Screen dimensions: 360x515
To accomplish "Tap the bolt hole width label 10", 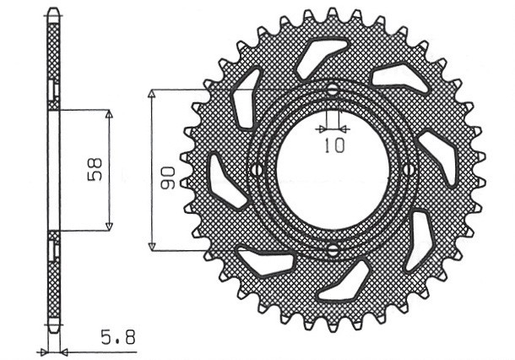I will click(334, 145).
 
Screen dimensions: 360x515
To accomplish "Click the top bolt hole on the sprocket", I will click(333, 90).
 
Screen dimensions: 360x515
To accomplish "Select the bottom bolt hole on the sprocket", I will click(333, 249).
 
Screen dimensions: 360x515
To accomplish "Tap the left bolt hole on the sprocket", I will click(254, 170).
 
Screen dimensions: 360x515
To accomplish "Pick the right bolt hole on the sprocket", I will click(410, 170).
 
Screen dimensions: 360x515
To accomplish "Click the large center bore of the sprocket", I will click(333, 170).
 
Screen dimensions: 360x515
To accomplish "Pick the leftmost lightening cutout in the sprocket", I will click(222, 178).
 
